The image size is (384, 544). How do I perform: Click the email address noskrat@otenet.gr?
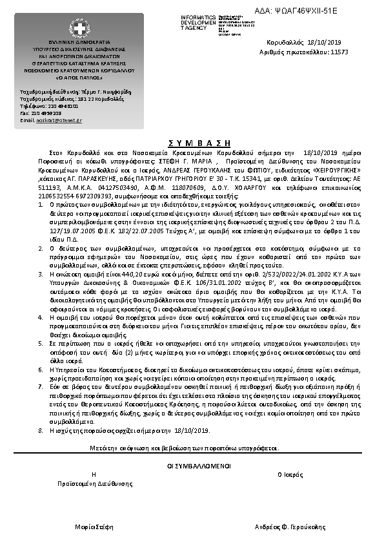pos(59,120)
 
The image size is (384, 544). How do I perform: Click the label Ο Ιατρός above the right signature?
pos(289,474)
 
